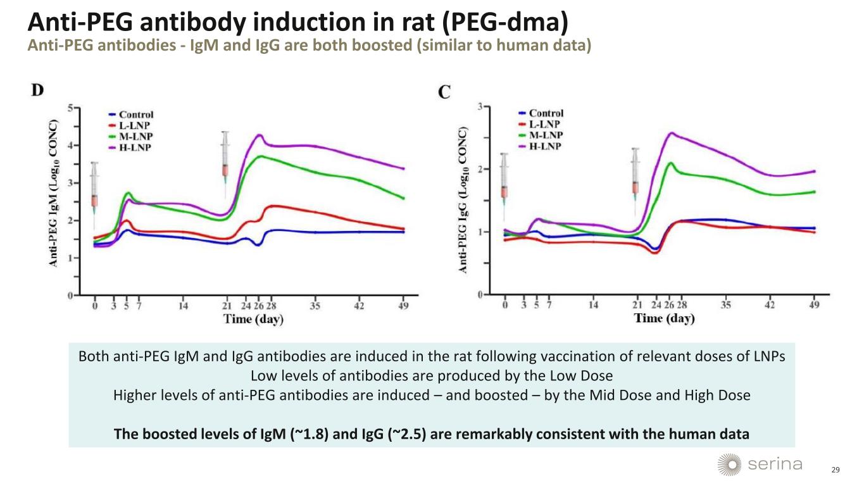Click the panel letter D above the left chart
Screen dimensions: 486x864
tap(38, 90)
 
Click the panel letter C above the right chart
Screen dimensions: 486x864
tap(445, 92)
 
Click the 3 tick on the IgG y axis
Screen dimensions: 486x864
tap(480, 107)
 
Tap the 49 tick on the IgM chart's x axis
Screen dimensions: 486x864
tap(403, 306)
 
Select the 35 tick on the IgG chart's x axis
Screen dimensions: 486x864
tap(725, 305)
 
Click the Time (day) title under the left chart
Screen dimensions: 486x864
tap(253, 319)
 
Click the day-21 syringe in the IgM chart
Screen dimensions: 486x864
tap(225, 158)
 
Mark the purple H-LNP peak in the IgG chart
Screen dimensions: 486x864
tap(672, 133)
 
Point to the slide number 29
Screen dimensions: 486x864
tap(835, 470)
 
